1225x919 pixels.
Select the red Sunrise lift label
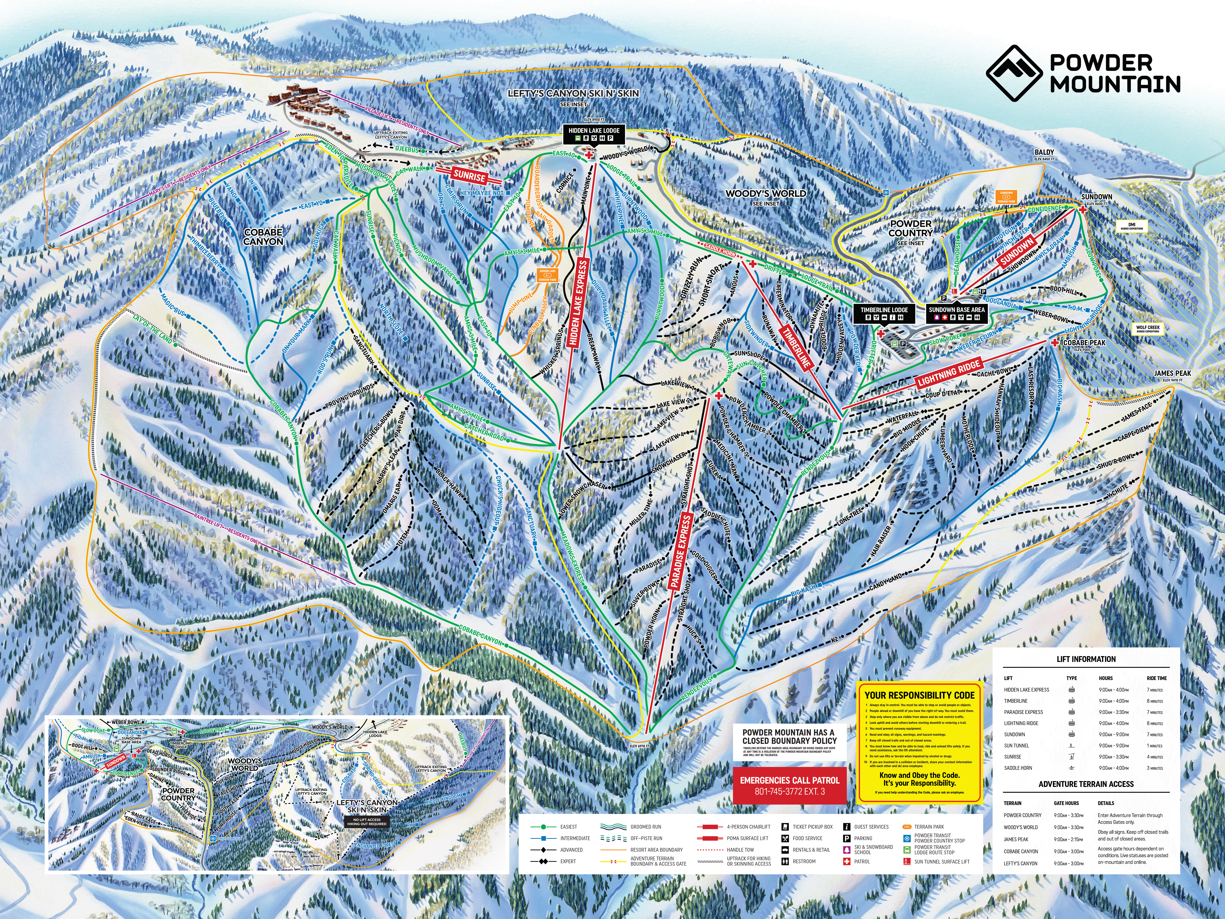[469, 176]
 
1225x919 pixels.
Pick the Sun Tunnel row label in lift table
[1016, 746]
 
